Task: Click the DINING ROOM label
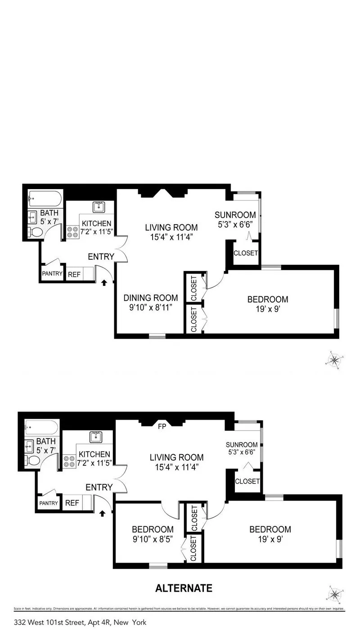pyautogui.click(x=151, y=298)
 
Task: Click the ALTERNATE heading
pyautogui.click(x=184, y=588)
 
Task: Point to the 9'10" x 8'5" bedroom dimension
pyautogui.click(x=153, y=538)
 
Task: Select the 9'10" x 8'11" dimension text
pyautogui.click(x=151, y=307)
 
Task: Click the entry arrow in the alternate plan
pyautogui.click(x=103, y=513)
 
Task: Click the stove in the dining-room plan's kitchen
pyautogui.click(x=72, y=231)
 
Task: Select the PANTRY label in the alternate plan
pyautogui.click(x=49, y=503)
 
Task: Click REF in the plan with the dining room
pyautogui.click(x=73, y=274)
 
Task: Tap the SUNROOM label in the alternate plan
pyautogui.click(x=242, y=445)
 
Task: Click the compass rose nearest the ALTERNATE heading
pyautogui.click(x=334, y=595)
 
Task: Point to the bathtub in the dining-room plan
pyautogui.click(x=44, y=198)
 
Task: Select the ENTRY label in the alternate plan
pyautogui.click(x=99, y=487)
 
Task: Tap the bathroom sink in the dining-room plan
pyautogui.click(x=32, y=218)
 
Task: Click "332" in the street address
pyautogui.click(x=20, y=623)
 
